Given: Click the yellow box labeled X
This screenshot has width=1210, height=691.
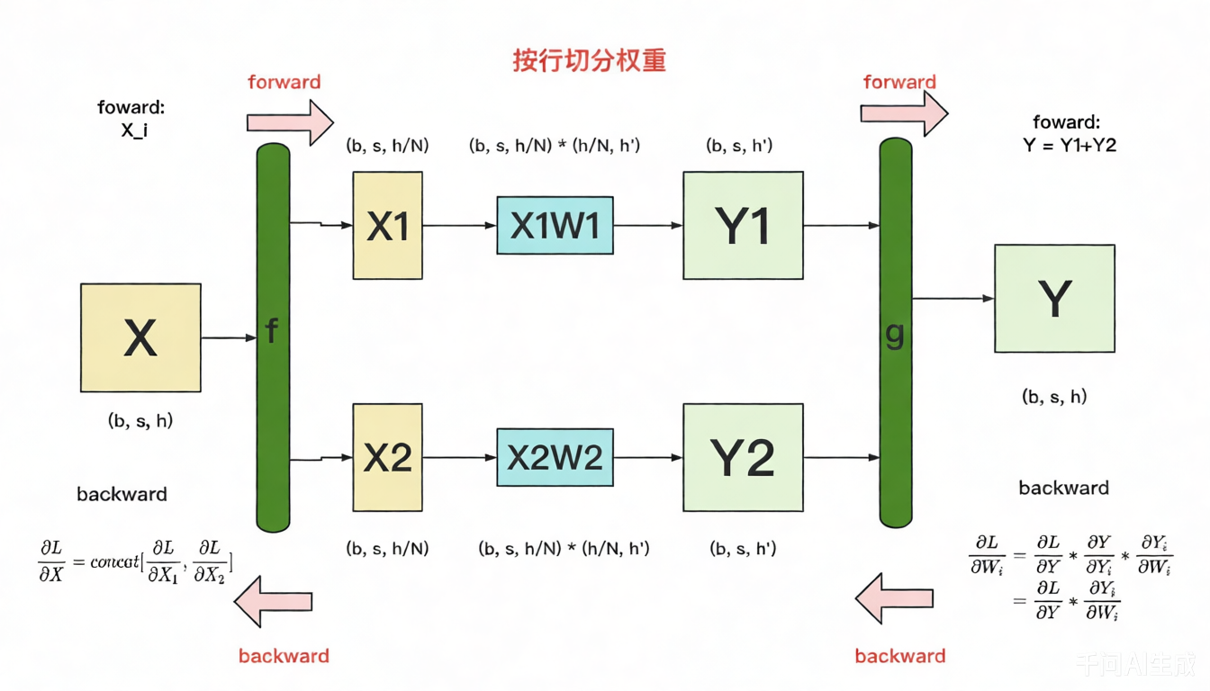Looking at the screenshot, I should point(140,337).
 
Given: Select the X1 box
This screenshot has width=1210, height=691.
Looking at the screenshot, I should point(387,226).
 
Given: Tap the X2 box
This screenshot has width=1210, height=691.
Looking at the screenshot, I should point(387,457).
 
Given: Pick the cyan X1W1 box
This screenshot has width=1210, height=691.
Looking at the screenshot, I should point(555,225).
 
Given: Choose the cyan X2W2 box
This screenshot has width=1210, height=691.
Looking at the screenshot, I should point(555,457).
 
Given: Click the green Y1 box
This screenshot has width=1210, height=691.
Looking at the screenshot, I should point(743,226).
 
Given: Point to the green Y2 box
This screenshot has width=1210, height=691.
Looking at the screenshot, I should point(743,457).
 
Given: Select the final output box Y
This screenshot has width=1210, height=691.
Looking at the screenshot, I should point(1054,298).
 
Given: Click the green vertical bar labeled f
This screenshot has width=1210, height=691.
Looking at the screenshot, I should point(273,337).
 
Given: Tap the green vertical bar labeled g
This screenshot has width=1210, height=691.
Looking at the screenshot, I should point(895,333).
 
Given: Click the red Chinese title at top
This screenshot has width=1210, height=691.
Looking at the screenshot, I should point(590,61).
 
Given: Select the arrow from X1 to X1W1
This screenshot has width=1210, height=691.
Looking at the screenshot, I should point(459,225).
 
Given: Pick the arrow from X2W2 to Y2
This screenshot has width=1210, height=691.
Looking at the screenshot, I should point(647,457).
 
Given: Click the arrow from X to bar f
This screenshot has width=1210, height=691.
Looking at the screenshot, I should point(229,338).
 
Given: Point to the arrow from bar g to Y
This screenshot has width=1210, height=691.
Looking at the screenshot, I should point(953,298).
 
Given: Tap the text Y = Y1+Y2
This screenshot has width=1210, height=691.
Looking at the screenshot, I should point(1070,145).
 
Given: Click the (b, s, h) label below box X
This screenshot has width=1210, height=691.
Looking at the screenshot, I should point(140,420).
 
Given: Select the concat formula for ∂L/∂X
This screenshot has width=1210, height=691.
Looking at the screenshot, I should point(136,561).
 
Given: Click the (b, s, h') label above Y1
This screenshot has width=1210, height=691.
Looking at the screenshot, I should point(739,145).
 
